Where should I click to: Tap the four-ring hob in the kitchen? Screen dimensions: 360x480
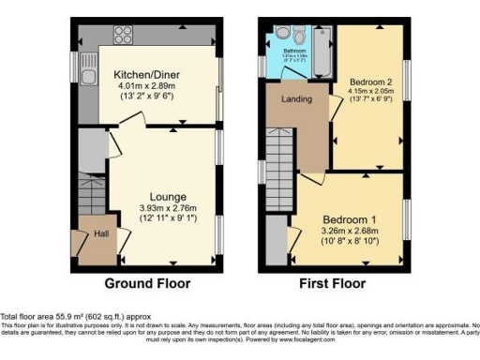point(122,37)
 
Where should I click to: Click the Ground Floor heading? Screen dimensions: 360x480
point(147,283)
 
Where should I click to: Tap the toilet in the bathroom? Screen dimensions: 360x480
point(297,33)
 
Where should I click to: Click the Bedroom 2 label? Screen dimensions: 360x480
point(370,82)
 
